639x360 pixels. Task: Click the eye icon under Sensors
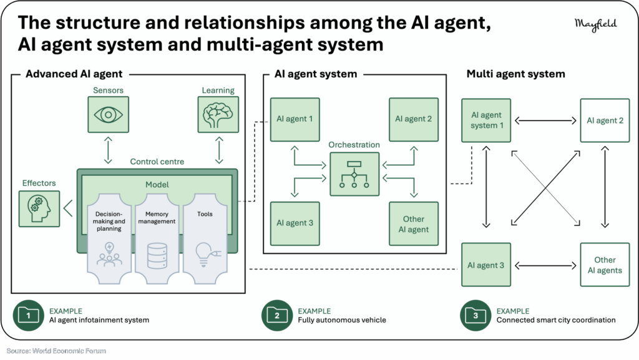[x=108, y=114]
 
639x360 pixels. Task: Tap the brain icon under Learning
[x=218, y=115]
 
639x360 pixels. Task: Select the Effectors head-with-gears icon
[x=39, y=209]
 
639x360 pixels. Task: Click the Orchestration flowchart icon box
[x=354, y=174]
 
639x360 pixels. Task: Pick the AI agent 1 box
[x=295, y=119]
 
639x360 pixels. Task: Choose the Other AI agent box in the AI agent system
[x=414, y=223]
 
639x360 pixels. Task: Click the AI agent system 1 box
[x=486, y=120]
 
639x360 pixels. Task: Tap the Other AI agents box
[x=605, y=265]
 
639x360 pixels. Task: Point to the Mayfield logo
[x=596, y=24]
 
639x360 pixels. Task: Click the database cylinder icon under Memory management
[x=157, y=256]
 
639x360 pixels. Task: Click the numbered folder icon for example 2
[x=277, y=315]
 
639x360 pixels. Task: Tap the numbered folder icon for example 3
[x=476, y=315]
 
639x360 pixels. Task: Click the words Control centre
[x=157, y=162]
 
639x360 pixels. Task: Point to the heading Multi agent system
[x=515, y=74]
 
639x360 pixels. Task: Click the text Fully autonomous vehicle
[x=342, y=320]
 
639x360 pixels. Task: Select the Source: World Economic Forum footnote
[x=56, y=351]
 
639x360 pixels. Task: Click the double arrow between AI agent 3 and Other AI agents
[x=545, y=266]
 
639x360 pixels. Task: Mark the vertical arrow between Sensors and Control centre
[x=108, y=150]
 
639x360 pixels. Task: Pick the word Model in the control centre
[x=157, y=185]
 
